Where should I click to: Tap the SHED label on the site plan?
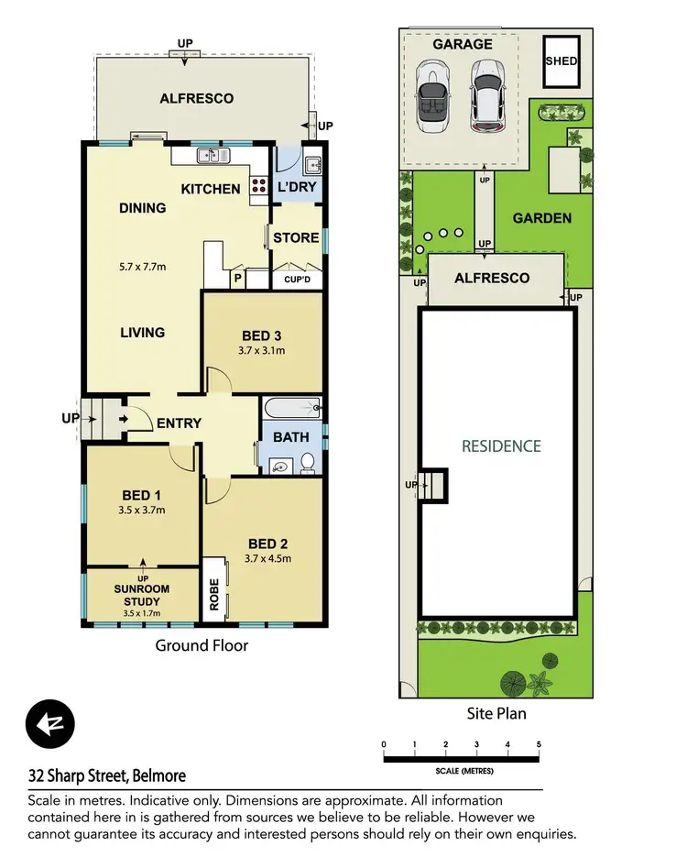click(561, 60)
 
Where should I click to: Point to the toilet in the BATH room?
click(308, 462)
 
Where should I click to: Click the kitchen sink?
click(213, 156)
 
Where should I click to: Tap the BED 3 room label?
click(262, 335)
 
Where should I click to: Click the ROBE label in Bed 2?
click(214, 591)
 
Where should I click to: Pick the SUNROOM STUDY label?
click(143, 596)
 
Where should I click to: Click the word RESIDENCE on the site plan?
click(501, 446)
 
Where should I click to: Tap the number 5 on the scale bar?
click(540, 743)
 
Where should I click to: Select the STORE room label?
click(297, 237)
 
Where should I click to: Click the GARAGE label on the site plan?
click(462, 44)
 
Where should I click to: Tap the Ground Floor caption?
click(202, 645)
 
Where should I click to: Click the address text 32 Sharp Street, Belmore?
click(107, 776)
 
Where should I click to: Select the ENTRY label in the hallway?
click(179, 423)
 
